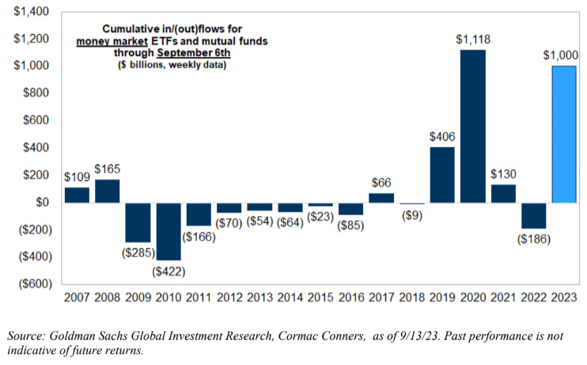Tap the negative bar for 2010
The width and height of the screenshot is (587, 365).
tap(169, 231)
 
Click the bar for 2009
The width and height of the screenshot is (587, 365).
tap(138, 222)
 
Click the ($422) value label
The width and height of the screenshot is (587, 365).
tap(169, 271)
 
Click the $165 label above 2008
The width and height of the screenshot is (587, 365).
tap(108, 168)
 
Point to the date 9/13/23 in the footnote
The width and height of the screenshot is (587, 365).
tap(422, 336)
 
